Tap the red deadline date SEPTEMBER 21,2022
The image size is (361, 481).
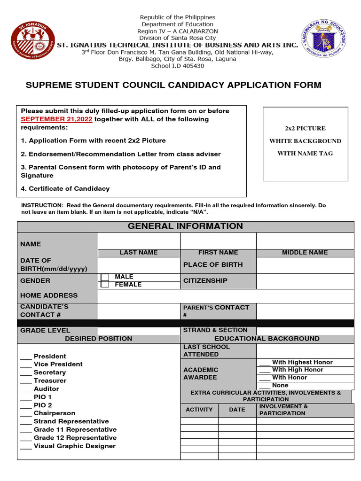[x=56, y=119]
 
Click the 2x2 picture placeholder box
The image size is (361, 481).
[x=305, y=144]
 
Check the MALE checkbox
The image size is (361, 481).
[x=105, y=277]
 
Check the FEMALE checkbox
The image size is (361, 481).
[x=105, y=284]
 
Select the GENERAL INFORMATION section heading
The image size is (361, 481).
[x=185, y=226]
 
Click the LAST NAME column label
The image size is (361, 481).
[x=139, y=253]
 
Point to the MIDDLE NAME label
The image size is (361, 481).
[x=305, y=253]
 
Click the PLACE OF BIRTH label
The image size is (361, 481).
[x=213, y=265]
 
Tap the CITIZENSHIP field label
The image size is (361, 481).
[x=205, y=281]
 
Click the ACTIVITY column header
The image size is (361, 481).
[x=199, y=410]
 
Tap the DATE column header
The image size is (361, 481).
[x=237, y=410]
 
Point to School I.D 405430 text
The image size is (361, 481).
[x=177, y=66]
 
